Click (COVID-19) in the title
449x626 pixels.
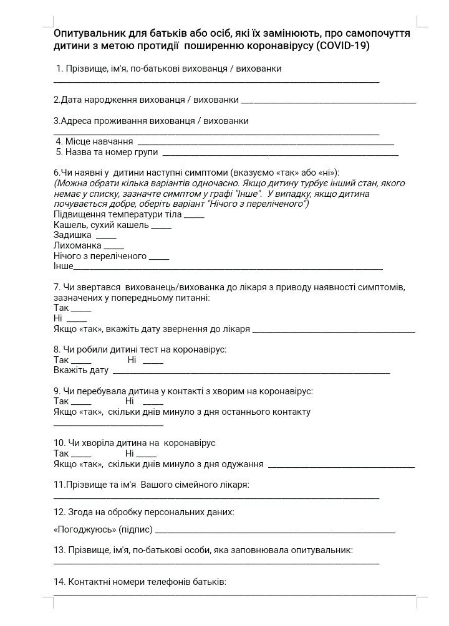click(343, 46)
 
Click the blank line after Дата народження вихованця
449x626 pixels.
click(328, 102)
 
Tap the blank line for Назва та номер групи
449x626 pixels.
click(280, 154)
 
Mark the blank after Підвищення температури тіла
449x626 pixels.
click(194, 216)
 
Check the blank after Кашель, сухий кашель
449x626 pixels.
click(161, 227)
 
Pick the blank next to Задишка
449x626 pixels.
click(105, 237)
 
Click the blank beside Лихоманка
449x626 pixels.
click(113, 247)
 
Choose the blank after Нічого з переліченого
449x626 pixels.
click(159, 258)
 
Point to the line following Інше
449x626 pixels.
click(228, 268)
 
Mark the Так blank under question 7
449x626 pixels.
click(80, 310)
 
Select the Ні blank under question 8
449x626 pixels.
click(153, 363)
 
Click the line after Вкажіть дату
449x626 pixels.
click(250, 372)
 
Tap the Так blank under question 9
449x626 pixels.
click(80, 404)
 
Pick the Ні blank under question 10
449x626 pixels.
click(146, 456)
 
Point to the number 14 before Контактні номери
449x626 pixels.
click(59, 582)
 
